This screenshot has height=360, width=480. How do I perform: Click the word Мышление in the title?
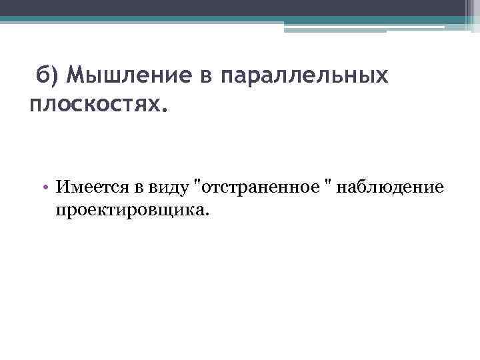pyautogui.click(x=130, y=76)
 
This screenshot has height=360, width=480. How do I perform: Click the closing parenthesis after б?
pyautogui.click(x=55, y=77)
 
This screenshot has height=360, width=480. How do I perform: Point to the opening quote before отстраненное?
pyautogui.click(x=195, y=183)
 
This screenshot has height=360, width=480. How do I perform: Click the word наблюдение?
pyautogui.click(x=391, y=187)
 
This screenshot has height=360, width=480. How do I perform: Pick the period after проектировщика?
pyautogui.click(x=207, y=215)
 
